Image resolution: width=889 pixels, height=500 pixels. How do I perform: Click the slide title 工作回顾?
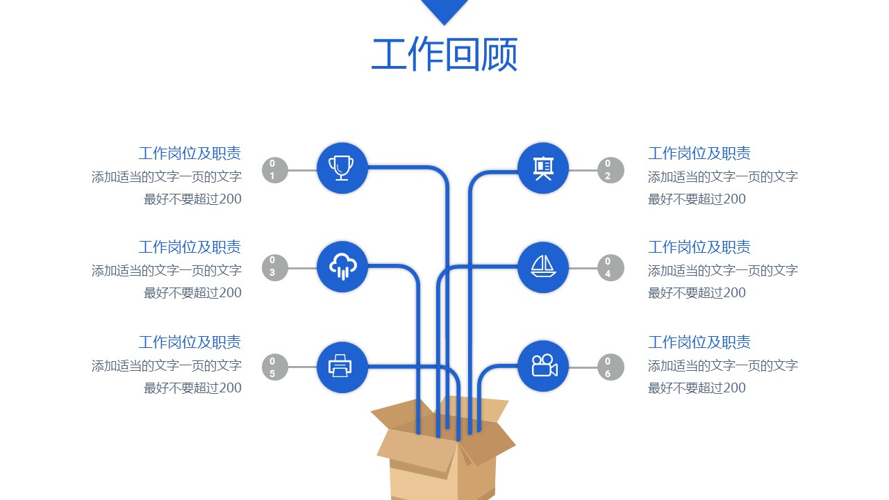(444, 56)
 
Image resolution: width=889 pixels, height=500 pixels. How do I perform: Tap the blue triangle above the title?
(444, 10)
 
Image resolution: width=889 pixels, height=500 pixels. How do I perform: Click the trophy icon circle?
(342, 168)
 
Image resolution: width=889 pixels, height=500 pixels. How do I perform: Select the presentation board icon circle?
(543, 168)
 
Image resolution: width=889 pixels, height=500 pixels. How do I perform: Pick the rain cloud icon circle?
(342, 267)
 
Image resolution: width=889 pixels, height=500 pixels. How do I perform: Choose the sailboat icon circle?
(543, 267)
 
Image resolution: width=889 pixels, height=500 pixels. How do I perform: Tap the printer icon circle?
(342, 367)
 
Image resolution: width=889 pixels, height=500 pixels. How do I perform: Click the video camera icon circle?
(543, 367)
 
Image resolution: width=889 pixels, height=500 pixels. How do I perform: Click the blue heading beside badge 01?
(190, 153)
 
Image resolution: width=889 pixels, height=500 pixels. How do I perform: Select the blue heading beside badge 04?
(699, 247)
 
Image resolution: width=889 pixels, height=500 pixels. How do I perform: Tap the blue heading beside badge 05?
(190, 342)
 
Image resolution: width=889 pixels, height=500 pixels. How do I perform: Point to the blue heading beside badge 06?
(699, 342)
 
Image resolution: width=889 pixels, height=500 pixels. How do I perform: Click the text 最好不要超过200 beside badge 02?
(697, 199)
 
